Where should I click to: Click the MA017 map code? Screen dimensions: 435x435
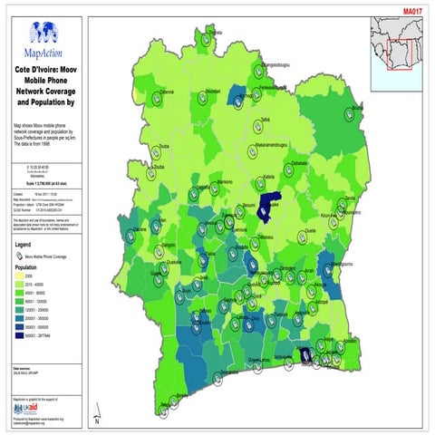pos(413,10)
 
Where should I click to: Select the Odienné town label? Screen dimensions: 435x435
pos(167,92)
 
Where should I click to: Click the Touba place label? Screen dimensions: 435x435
pos(164,146)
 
